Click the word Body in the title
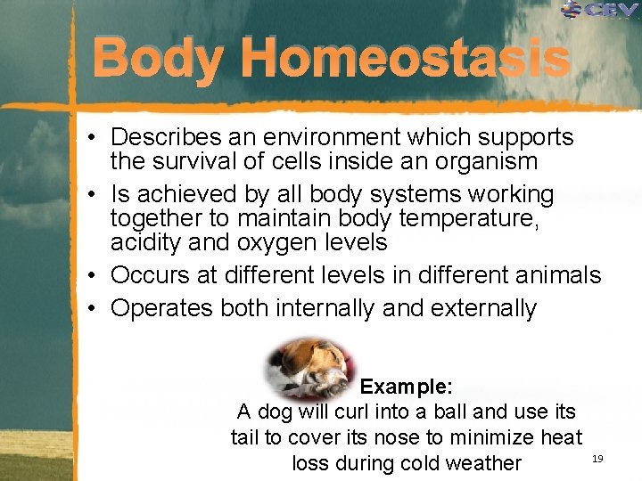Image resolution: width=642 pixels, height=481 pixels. coord(157,60)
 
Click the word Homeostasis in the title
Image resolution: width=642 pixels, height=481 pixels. coord(404,60)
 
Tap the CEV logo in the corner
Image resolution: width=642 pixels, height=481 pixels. coord(599,12)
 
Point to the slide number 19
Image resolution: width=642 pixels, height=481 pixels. coord(597,458)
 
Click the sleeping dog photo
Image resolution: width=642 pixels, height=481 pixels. coord(313,365)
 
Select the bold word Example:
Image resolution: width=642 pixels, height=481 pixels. coord(407,387)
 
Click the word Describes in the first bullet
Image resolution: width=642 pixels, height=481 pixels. coord(166,138)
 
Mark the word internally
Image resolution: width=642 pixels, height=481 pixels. coord(324,308)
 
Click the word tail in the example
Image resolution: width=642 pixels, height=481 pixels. coord(246,437)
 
